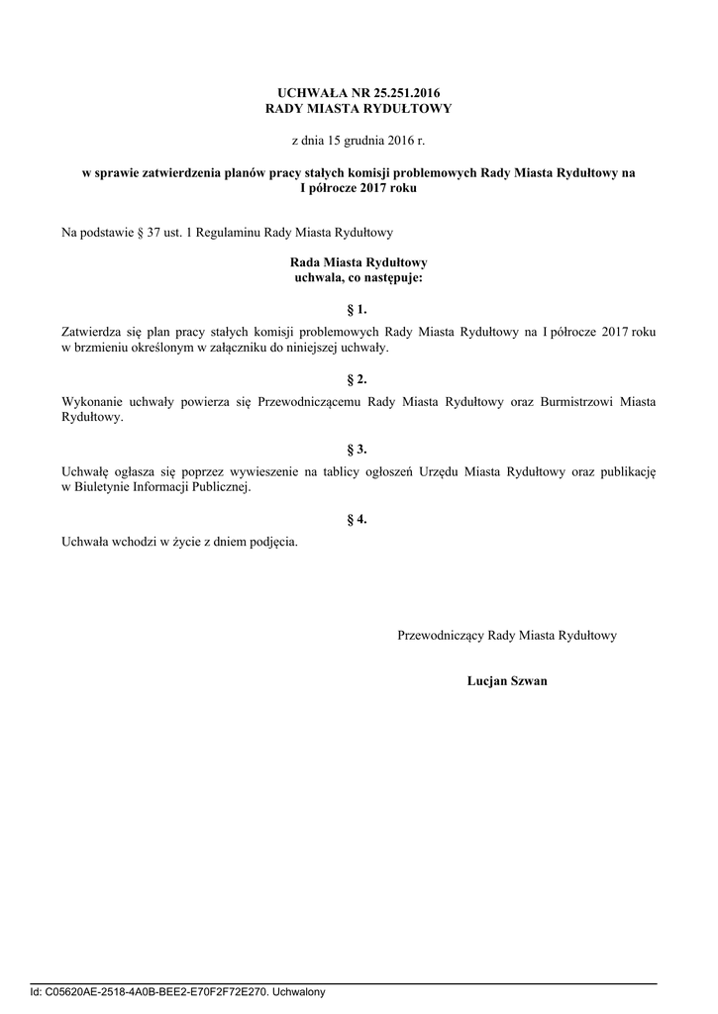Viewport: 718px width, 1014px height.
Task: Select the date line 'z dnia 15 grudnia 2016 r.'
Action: coord(358,142)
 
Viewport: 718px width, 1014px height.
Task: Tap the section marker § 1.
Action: coord(358,310)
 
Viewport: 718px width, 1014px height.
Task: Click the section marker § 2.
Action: coord(358,379)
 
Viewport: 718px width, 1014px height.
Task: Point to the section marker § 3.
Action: coord(358,449)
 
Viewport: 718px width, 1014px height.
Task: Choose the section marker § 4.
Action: coord(358,518)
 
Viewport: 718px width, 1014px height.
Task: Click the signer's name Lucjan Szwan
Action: coord(507,681)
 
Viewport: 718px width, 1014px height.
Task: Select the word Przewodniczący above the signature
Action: coord(441,636)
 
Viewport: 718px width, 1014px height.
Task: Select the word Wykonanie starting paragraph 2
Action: coord(91,402)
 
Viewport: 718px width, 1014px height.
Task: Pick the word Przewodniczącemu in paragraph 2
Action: coord(309,402)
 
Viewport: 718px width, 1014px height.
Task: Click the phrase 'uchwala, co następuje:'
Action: coord(358,278)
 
